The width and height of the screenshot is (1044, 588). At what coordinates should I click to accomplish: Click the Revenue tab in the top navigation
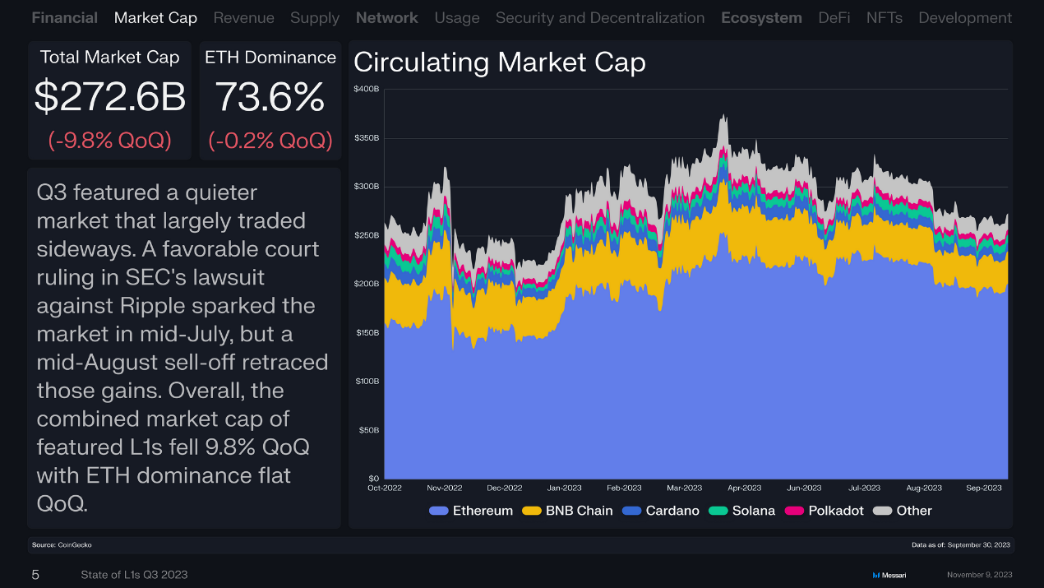243,17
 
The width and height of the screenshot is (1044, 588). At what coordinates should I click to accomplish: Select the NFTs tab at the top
885,17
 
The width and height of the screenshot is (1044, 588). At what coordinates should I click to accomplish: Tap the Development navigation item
965,17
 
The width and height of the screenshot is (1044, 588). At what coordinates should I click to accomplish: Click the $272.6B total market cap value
110,98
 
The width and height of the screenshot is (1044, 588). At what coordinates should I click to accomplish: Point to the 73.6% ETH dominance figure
270,98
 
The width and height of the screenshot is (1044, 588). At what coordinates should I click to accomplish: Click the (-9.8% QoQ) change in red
110,141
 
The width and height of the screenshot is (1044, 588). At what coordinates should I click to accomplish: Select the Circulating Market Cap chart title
499,63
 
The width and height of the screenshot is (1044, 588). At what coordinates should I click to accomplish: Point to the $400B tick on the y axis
367,89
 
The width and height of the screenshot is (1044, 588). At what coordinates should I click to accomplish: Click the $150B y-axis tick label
367,332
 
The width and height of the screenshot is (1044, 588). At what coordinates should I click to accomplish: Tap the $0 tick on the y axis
373,478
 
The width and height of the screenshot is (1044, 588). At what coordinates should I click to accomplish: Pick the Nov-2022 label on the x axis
445,488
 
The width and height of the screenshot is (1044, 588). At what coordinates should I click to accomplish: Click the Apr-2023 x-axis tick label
744,488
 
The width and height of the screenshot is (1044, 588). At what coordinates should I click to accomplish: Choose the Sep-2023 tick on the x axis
984,488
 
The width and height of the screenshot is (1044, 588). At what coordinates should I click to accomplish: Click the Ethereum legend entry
483,511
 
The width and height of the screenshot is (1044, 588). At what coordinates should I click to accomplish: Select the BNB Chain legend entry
579,511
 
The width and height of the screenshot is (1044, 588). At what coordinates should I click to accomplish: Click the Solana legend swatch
718,511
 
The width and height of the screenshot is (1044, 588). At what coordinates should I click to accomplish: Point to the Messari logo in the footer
889,575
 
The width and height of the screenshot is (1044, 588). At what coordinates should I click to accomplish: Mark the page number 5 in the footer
35,575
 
